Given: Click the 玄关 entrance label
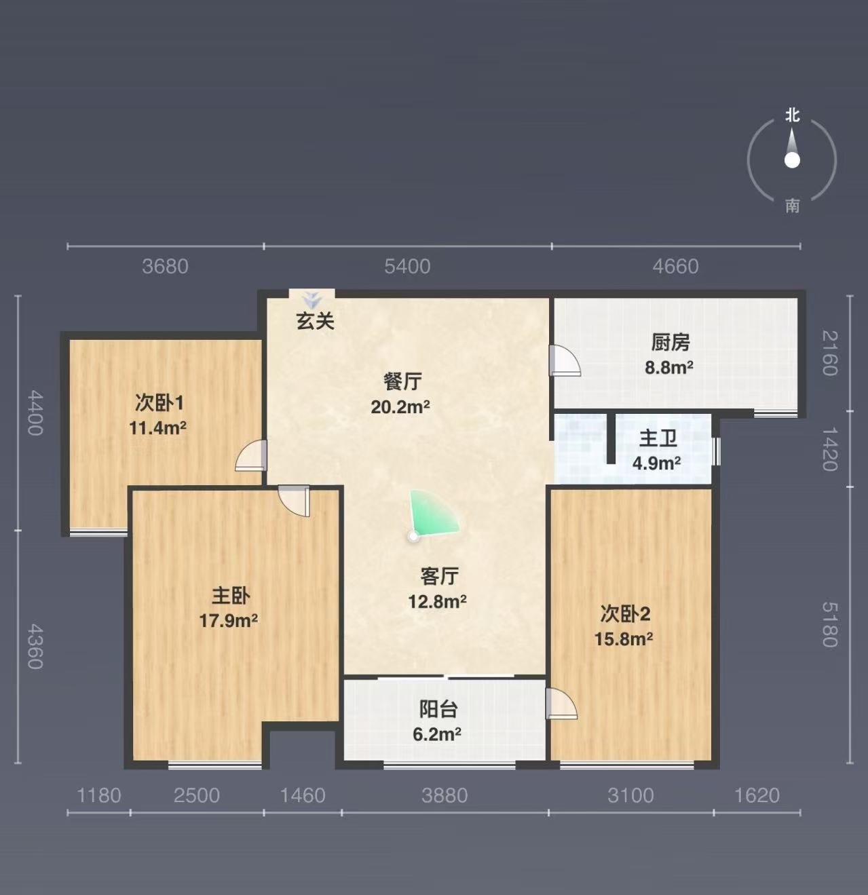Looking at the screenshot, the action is [x=315, y=320].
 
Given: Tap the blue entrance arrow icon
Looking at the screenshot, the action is [x=312, y=299].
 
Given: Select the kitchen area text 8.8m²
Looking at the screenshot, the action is [x=669, y=368].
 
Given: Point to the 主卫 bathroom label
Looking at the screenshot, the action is [x=658, y=439].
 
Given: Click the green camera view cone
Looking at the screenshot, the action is [x=430, y=515].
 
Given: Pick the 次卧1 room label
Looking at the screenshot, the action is [x=159, y=403].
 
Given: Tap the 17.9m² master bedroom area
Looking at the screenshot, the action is [x=228, y=621].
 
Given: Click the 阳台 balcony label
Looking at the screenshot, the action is [x=438, y=709].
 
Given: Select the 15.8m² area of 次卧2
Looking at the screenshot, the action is [x=624, y=639].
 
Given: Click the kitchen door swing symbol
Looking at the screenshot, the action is [x=565, y=360].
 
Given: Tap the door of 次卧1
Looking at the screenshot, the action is [x=251, y=455].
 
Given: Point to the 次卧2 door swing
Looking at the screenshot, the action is [x=561, y=703].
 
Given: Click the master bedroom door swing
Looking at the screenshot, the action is [x=295, y=500].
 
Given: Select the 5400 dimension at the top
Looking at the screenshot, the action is [x=407, y=266].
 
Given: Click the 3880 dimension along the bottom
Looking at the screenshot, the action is [x=445, y=795].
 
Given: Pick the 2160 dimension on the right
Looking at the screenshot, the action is [x=829, y=354].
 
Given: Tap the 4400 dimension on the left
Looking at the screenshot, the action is [x=35, y=413].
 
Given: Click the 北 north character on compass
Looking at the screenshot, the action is [x=792, y=115].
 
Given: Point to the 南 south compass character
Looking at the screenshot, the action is [x=792, y=206].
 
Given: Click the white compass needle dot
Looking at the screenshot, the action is [x=792, y=161].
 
